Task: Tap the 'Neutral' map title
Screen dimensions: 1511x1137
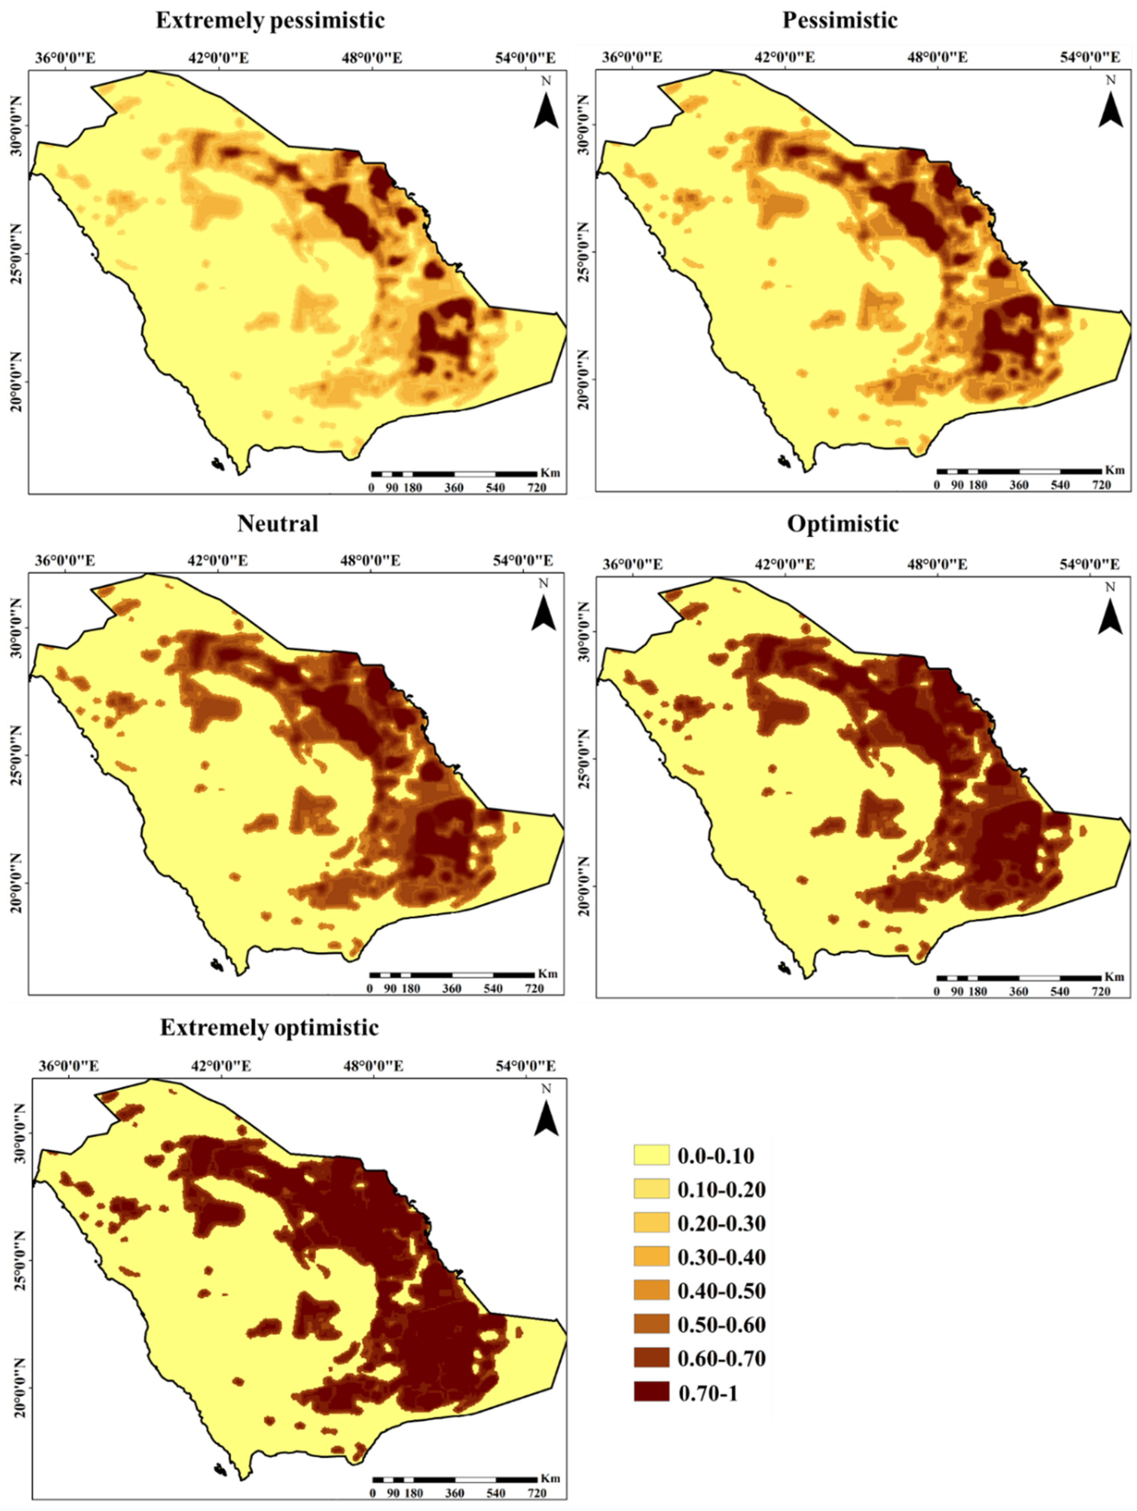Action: (x=278, y=523)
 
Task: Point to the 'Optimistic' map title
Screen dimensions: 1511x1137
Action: (x=843, y=523)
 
